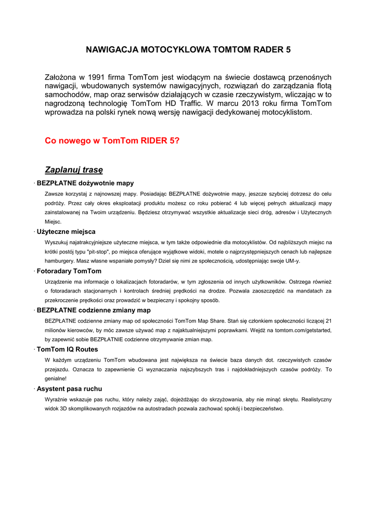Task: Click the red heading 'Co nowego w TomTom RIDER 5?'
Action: (112, 141)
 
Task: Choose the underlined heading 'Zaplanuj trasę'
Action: (74, 169)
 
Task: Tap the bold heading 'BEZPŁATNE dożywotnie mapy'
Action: (85, 183)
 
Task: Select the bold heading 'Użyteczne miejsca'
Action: (66, 232)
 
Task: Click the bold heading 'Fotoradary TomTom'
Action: (69, 271)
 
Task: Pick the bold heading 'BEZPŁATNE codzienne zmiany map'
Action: (94, 310)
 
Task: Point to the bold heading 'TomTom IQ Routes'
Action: (67, 349)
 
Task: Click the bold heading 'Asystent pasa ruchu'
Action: (69, 389)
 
